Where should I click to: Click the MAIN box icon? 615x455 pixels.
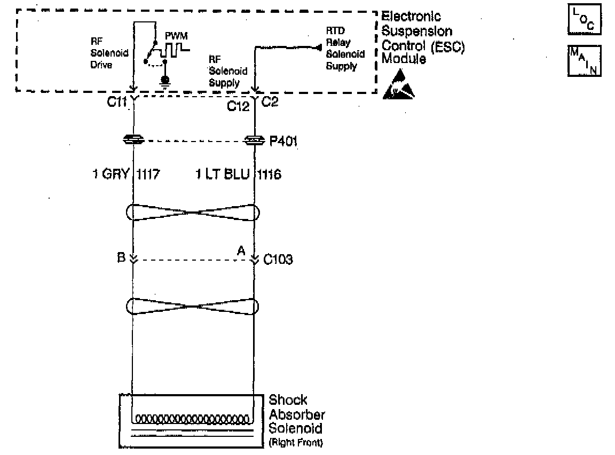584,61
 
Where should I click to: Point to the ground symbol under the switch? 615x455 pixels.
165,81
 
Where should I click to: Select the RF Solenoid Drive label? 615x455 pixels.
109,53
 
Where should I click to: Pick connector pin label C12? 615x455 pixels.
239,106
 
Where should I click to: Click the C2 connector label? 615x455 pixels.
271,103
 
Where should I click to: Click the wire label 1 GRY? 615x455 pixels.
111,174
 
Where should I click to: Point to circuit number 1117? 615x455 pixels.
148,174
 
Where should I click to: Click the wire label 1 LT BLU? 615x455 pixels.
223,174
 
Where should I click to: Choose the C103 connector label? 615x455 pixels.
278,260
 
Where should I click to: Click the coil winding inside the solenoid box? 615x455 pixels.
193,418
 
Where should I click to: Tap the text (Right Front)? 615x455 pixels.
296,442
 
